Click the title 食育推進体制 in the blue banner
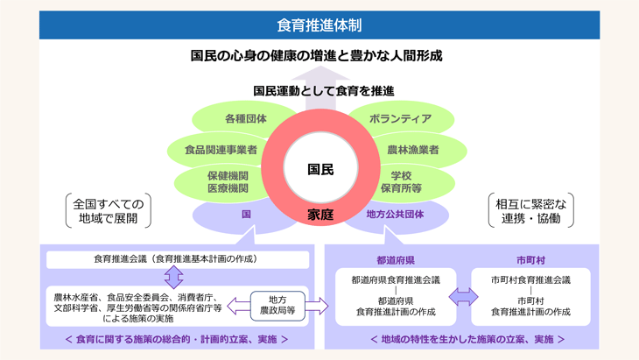point(319,25)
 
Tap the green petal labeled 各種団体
point(245,118)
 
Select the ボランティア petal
point(400,118)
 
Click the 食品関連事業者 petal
point(221,150)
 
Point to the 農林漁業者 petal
point(412,150)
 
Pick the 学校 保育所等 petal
point(405,181)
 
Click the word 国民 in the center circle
point(320,169)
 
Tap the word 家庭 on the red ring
point(320,215)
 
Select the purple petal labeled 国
point(247,214)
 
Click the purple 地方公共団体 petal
point(395,214)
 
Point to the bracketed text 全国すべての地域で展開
point(108,210)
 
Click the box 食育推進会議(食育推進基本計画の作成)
point(178,260)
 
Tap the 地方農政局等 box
point(277,305)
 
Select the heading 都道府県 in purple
point(395,260)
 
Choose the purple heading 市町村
point(530,260)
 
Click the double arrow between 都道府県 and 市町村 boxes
point(463,296)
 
